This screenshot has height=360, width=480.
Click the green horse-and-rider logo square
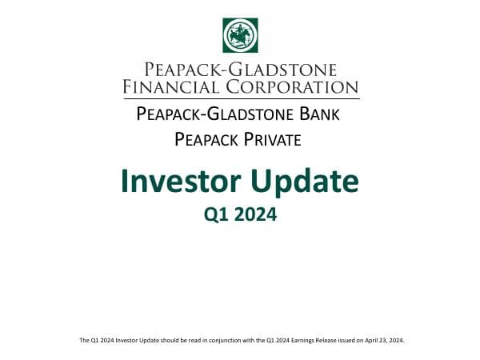click(240, 34)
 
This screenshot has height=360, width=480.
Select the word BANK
click(319, 114)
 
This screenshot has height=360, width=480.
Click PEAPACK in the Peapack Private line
click(203, 140)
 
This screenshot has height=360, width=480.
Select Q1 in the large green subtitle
click(218, 214)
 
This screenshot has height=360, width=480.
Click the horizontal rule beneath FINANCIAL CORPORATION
click(240, 98)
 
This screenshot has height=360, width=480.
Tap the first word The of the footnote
click(83, 340)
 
